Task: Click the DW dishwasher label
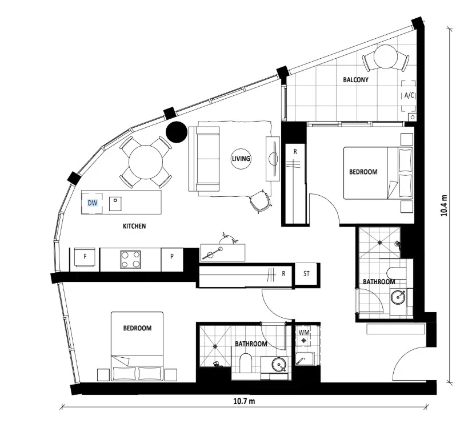(x=93, y=203)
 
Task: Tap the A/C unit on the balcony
(x=409, y=96)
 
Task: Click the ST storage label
(x=307, y=273)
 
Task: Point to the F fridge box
(x=85, y=259)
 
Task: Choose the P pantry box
(x=171, y=259)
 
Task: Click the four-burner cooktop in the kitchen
(x=131, y=259)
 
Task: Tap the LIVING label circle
(x=241, y=159)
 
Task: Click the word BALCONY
(x=355, y=80)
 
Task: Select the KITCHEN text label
(x=134, y=227)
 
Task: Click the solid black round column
(x=176, y=132)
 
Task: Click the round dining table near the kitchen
(x=145, y=161)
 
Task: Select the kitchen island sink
(x=117, y=202)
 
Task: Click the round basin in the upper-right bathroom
(x=398, y=296)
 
